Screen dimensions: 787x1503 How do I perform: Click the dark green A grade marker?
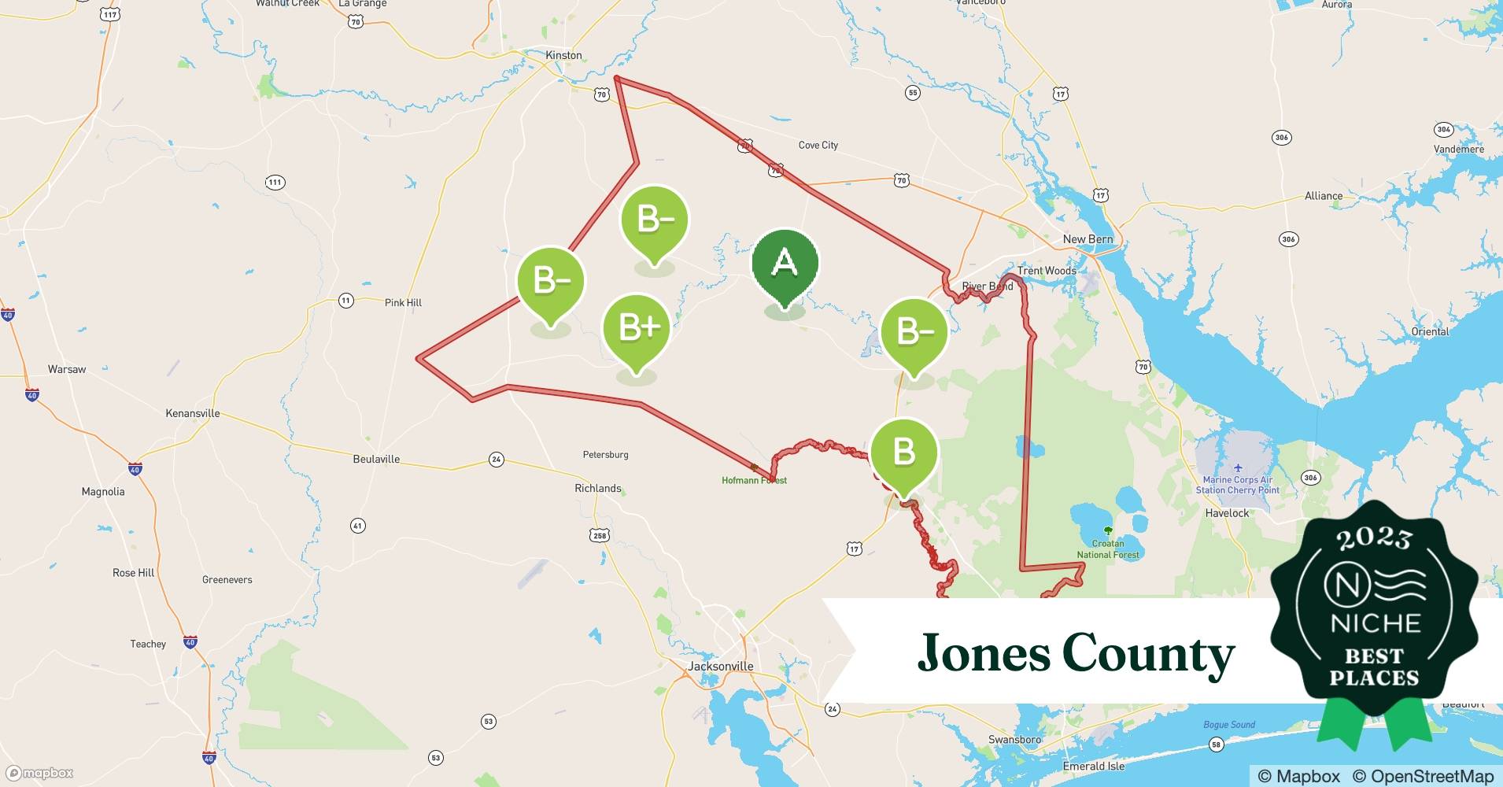click(x=785, y=264)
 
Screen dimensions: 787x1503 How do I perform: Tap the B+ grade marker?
click(x=636, y=328)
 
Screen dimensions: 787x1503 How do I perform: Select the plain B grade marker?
click(x=904, y=453)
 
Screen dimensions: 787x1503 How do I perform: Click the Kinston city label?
click(x=563, y=55)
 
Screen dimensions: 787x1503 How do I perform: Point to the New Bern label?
click(x=1088, y=239)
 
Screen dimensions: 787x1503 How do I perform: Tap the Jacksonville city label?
click(x=720, y=666)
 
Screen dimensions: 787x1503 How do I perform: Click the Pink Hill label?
click(x=403, y=302)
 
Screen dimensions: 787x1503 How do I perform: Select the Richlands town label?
click(x=597, y=488)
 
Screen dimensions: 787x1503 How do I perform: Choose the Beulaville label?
click(x=376, y=459)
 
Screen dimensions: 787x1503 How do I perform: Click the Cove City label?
click(x=818, y=145)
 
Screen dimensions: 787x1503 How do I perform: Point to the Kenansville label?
click(x=192, y=413)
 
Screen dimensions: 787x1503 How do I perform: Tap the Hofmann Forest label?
click(x=754, y=480)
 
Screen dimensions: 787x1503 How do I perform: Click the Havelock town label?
click(x=1227, y=513)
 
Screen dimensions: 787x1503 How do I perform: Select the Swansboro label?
click(x=1014, y=740)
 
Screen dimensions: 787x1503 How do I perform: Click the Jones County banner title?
click(x=1076, y=652)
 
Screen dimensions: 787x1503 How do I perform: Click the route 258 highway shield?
click(x=600, y=536)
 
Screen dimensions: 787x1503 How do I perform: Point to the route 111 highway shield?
click(x=274, y=183)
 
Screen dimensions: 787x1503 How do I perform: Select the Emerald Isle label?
click(x=1093, y=766)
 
